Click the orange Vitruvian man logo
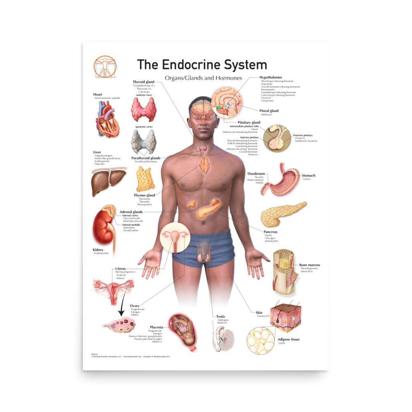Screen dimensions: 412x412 coord(105,66)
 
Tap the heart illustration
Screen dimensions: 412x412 coord(108,119)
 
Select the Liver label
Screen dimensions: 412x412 coord(97,152)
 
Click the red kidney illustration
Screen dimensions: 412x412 coord(103,227)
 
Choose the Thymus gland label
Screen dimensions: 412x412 coord(144,195)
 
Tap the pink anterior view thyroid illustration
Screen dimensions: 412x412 coord(143,109)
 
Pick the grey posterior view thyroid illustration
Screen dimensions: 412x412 coord(143,141)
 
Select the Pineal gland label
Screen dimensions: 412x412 coord(269,111)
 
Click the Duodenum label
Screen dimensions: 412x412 coord(256,174)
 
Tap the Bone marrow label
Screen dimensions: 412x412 coord(309,265)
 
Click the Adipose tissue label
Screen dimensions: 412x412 coord(288,339)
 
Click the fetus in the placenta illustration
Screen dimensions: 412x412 coord(184,332)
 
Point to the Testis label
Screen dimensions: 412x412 coord(221,316)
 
